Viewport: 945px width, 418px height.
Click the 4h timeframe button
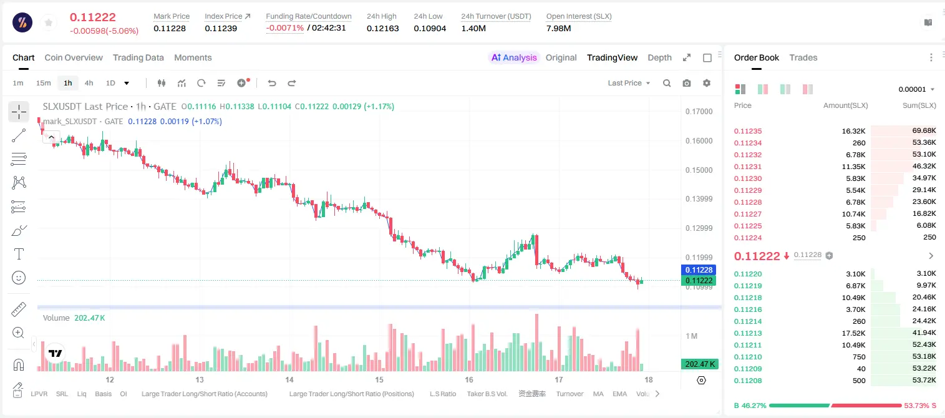click(x=89, y=83)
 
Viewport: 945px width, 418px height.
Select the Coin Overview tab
click(x=74, y=58)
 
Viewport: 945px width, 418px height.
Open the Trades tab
click(x=803, y=58)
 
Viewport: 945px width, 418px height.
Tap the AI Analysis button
click(x=514, y=58)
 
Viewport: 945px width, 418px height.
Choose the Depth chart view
click(x=659, y=58)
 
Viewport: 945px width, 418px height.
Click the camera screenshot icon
click(x=687, y=83)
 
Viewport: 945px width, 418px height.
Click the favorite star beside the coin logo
click(x=49, y=23)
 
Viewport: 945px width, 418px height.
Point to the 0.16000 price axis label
click(x=699, y=141)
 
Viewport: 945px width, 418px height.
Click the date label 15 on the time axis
click(x=379, y=379)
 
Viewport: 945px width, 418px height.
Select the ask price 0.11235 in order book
click(x=748, y=131)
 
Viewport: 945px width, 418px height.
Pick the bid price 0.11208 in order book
click(x=748, y=381)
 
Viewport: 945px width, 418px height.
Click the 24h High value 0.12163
click(x=382, y=28)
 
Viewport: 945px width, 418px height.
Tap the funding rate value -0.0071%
click(x=285, y=28)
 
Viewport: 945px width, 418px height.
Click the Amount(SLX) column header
click(x=845, y=105)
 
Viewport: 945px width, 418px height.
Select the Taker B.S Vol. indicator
click(x=487, y=394)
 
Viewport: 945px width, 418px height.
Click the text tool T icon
click(x=19, y=254)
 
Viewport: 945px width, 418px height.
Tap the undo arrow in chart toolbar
click(x=272, y=83)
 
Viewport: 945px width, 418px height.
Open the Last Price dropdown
click(x=629, y=83)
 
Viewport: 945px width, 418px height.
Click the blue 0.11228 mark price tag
click(x=699, y=270)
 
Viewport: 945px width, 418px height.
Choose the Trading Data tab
click(x=138, y=58)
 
